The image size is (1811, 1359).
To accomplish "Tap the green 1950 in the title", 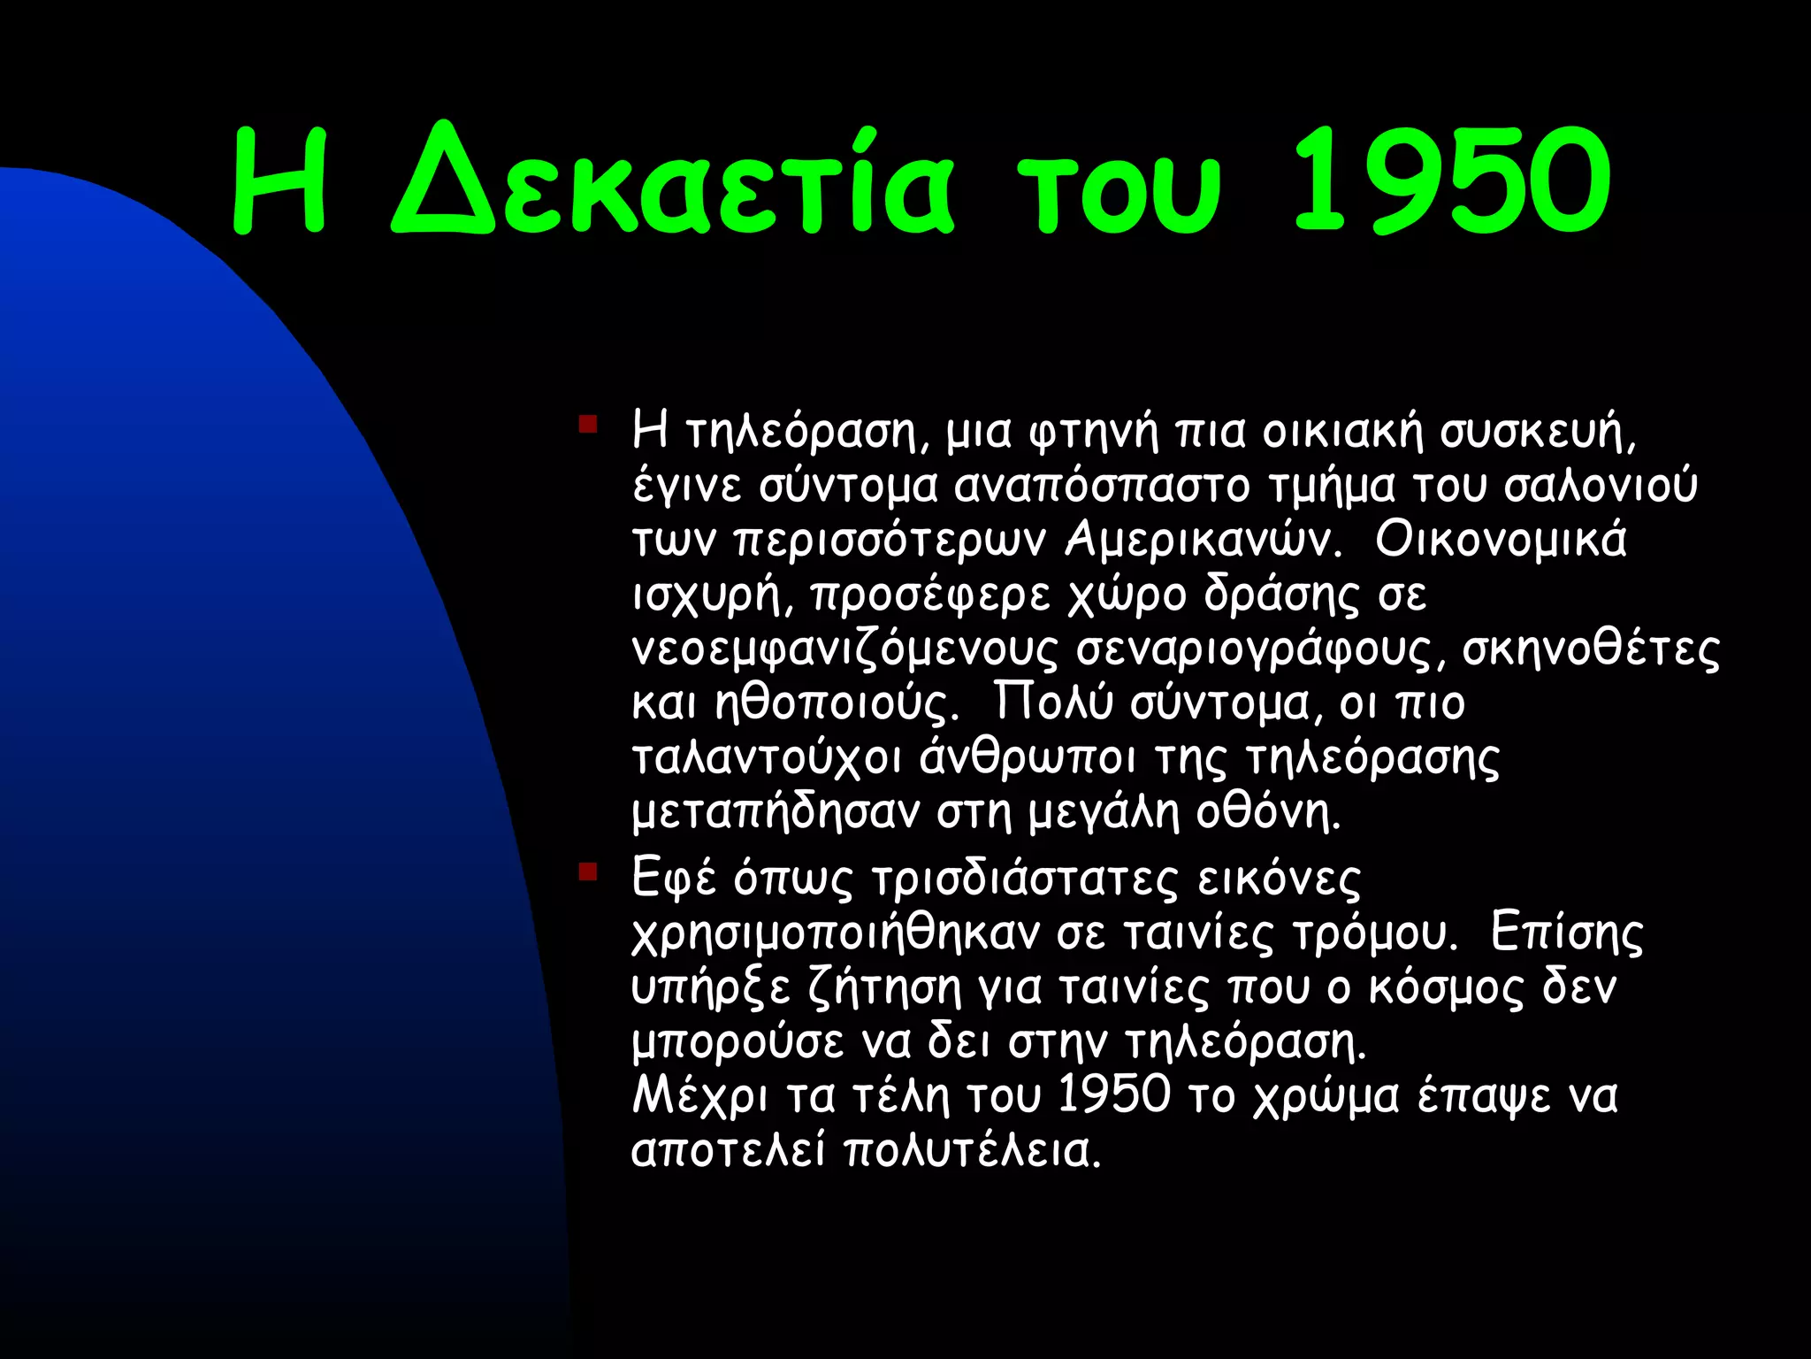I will tap(1450, 181).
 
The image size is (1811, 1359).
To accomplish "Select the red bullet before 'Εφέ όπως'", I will tap(588, 872).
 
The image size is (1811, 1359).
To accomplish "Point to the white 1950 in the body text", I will tap(1114, 1096).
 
